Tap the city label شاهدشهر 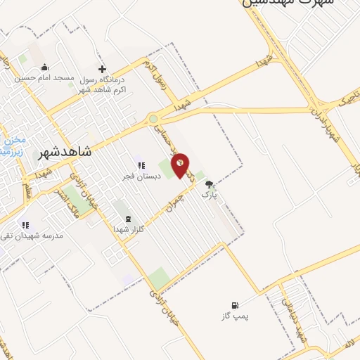point(67,151)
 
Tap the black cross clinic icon point(103,69)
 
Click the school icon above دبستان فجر point(141,166)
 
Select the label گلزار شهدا point(129,229)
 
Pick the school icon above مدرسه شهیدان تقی point(25,225)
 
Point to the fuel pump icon point(234,305)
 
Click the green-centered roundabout point(153,119)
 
